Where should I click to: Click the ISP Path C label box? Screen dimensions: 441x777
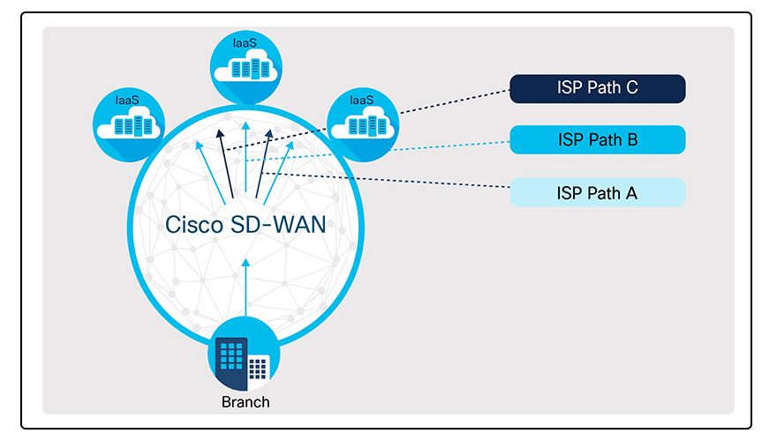click(598, 88)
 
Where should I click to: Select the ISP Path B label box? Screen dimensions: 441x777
click(598, 139)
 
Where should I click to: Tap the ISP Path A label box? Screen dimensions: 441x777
click(598, 192)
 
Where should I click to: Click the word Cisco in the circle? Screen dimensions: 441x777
click(193, 224)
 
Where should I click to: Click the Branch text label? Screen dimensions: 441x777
click(245, 402)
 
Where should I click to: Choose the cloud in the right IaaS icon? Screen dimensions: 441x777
click(361, 125)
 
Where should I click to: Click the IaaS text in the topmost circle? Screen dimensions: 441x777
click(245, 42)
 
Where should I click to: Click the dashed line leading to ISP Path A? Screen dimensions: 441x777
click(397, 183)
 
